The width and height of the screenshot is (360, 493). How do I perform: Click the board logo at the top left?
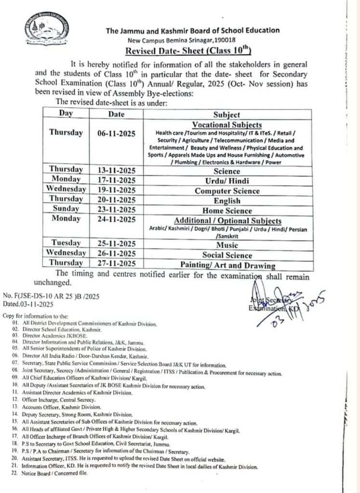click(46, 29)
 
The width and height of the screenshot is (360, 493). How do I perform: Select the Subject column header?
click(227, 115)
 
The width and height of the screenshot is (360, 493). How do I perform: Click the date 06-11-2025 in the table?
click(116, 133)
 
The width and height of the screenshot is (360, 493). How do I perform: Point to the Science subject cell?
click(227, 171)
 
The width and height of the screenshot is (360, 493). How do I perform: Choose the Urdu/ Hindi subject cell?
click(227, 181)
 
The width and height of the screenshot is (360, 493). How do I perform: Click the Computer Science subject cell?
click(227, 191)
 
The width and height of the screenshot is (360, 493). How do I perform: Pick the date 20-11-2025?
click(116, 200)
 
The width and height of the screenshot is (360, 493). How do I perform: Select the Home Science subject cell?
click(227, 210)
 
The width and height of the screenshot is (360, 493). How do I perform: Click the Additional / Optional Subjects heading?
click(227, 221)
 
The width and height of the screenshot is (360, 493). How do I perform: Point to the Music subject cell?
click(227, 246)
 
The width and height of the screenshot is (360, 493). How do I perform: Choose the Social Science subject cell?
click(227, 255)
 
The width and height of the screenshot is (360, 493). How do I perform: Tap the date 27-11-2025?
click(116, 264)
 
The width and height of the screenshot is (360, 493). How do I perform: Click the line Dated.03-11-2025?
click(27, 304)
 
